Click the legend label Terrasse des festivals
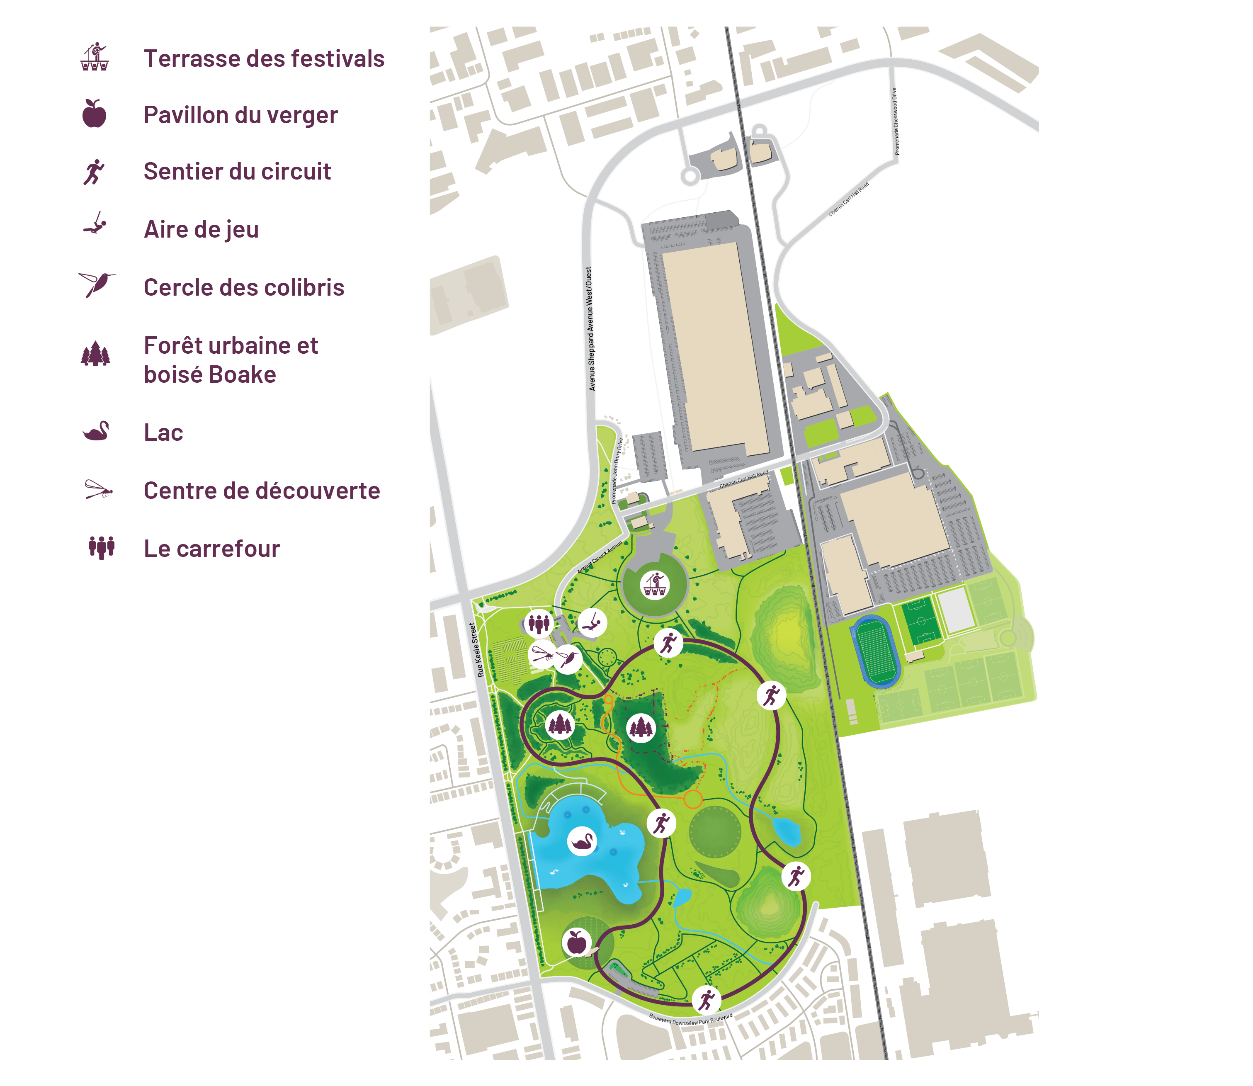point(264,59)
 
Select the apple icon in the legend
point(95,114)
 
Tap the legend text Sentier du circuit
point(237,172)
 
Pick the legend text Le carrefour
point(211,549)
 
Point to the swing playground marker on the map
point(592,622)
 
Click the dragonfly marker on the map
point(542,655)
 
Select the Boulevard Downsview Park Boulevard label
point(691,1019)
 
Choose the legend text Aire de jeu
point(201,230)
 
